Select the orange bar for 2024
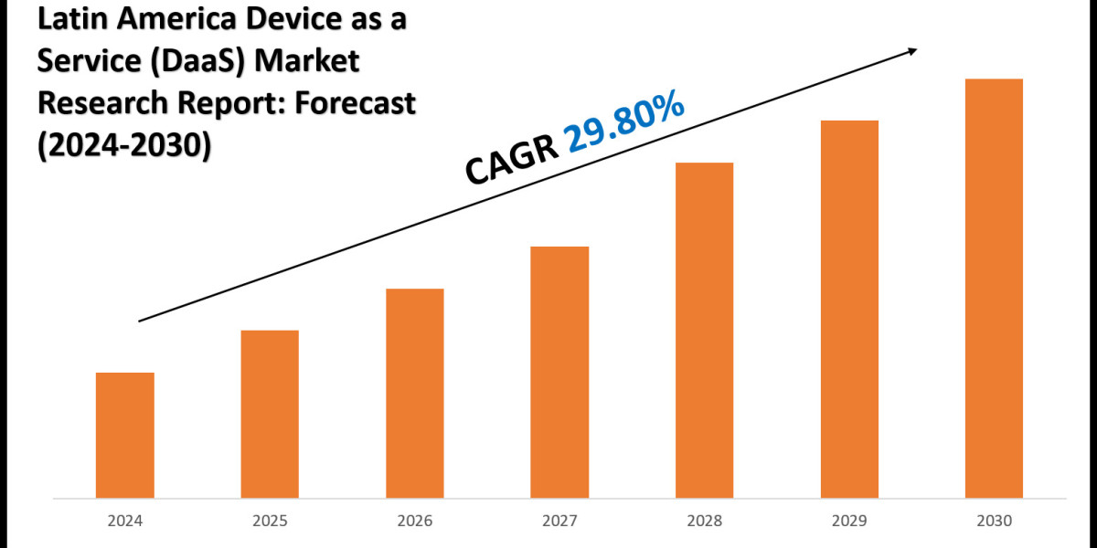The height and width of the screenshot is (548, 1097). [124, 436]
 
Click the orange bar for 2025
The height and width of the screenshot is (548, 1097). [270, 415]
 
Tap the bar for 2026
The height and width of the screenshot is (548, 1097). [415, 394]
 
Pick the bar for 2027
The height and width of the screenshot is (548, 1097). [559, 373]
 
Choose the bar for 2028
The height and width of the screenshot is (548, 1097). [704, 331]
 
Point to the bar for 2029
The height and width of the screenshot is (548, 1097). [849, 310]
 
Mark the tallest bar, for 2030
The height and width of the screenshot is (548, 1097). [994, 289]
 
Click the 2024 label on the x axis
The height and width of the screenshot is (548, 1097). [124, 522]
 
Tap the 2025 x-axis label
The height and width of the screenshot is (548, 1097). [270, 522]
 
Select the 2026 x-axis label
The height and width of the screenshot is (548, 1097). [415, 522]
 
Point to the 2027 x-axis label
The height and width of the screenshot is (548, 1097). [559, 522]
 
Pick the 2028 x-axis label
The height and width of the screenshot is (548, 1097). [704, 522]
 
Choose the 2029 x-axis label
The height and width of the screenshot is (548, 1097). [849, 522]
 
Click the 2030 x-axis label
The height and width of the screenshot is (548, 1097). [994, 522]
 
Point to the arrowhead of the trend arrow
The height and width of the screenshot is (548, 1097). [911, 51]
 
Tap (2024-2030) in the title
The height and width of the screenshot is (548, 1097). [124, 144]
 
